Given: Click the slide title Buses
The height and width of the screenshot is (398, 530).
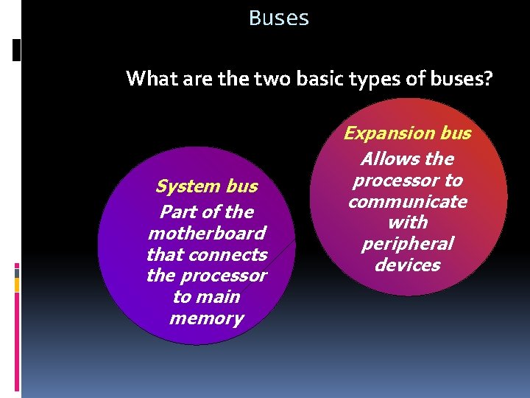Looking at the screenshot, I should click(279, 18).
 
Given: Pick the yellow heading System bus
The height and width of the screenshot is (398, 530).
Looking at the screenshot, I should click(207, 186).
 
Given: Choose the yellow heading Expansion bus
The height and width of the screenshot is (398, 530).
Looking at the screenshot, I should click(407, 133).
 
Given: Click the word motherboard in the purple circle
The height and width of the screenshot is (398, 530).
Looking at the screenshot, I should click(207, 234).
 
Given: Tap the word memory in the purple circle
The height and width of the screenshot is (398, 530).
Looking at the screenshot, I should click(207, 318).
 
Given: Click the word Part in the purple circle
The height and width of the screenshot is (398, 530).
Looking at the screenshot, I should click(178, 212).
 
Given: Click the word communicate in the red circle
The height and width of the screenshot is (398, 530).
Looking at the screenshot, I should click(407, 201).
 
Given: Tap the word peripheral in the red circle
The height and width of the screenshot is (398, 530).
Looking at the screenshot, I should click(407, 244).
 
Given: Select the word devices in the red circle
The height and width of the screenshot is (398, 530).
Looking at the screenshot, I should click(407, 265).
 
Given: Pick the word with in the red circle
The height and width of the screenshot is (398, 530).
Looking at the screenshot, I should click(407, 223).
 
